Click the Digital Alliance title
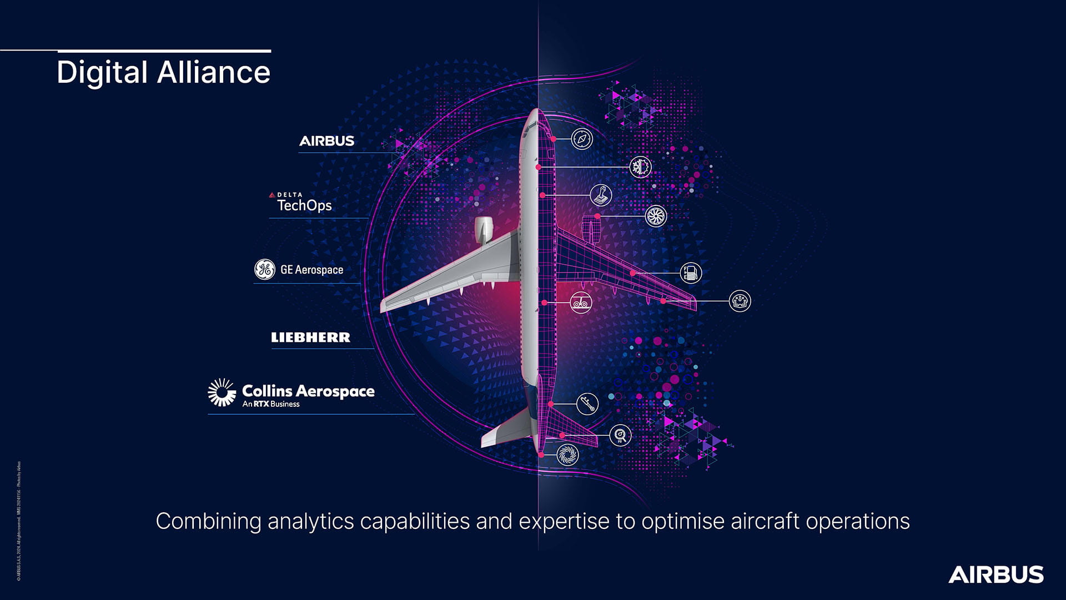[163, 72]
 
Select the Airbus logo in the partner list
[326, 141]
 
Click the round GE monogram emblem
[264, 269]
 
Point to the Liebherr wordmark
[310, 337]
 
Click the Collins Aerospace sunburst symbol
[222, 392]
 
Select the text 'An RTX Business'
[271, 404]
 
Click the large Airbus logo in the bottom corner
[995, 574]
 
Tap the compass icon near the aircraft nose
[582, 139]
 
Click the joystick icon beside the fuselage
[601, 195]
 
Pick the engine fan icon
[656, 216]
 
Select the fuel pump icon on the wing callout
[691, 273]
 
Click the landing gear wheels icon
[581, 302]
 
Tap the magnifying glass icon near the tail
[620, 435]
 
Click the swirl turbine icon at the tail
[567, 455]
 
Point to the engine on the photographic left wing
[484, 229]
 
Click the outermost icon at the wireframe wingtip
[740, 301]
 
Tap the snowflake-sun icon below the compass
[640, 167]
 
